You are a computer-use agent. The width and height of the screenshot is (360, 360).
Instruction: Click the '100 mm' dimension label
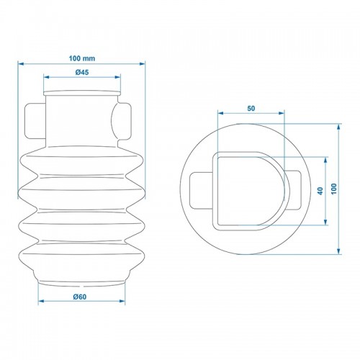[x=82, y=58]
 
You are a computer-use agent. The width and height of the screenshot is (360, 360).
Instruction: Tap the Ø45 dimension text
[x=82, y=72]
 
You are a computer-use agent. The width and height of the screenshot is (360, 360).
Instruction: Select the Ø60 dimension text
[x=80, y=297]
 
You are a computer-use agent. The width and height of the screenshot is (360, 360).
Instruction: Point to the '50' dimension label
[x=251, y=109]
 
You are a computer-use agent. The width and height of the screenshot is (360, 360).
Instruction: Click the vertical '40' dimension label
[x=320, y=191]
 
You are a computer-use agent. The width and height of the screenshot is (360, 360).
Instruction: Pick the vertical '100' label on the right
[x=334, y=189]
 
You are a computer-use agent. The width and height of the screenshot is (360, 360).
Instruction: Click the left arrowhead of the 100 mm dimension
[x=21, y=63]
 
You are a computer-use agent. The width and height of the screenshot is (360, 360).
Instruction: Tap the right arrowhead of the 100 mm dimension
[x=143, y=63]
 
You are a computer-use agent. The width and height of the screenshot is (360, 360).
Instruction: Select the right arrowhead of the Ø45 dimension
[x=117, y=77]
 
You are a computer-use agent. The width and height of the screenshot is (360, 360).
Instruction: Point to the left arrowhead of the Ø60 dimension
[x=41, y=301]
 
